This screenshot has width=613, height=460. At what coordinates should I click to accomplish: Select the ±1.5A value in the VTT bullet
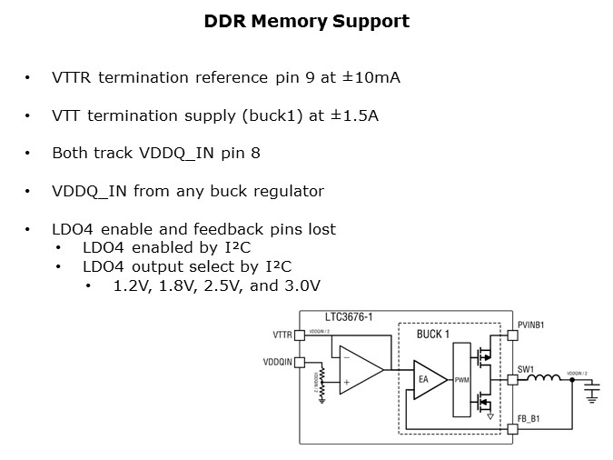(357, 115)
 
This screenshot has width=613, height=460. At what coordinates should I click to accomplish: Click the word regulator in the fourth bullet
(289, 192)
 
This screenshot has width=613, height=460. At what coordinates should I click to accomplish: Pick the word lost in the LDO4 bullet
(319, 229)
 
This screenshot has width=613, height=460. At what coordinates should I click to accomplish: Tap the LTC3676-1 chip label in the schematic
(349, 317)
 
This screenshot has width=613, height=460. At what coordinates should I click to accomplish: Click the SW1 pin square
(513, 381)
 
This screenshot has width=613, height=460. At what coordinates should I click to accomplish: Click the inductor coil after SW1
(545, 380)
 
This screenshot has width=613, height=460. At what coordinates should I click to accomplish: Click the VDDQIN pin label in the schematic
(278, 362)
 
